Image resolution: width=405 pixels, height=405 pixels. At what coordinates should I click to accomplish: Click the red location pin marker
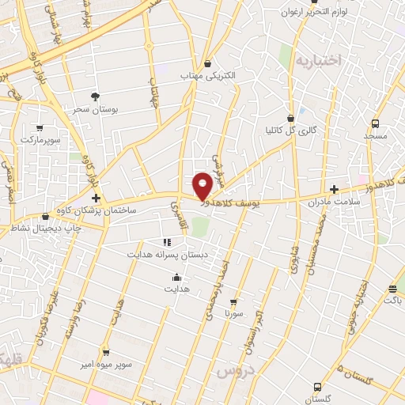click(203, 184)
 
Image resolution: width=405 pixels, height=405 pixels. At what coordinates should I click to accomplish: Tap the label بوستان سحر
click(96, 110)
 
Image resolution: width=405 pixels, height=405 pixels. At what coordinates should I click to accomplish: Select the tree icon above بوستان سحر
click(96, 97)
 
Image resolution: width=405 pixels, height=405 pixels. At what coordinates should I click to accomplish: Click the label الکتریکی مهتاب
click(208, 76)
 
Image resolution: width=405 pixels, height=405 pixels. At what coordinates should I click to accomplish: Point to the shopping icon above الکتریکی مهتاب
click(207, 63)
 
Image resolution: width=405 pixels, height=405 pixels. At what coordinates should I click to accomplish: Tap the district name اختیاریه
click(316, 60)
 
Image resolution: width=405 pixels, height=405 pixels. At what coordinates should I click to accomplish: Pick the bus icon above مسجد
click(374, 123)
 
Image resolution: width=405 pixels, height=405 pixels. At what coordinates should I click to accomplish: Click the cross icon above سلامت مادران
click(335, 189)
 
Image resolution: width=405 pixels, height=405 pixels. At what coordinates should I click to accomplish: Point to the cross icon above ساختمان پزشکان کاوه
click(96, 198)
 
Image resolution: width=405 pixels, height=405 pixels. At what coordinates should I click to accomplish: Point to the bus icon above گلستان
click(317, 387)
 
